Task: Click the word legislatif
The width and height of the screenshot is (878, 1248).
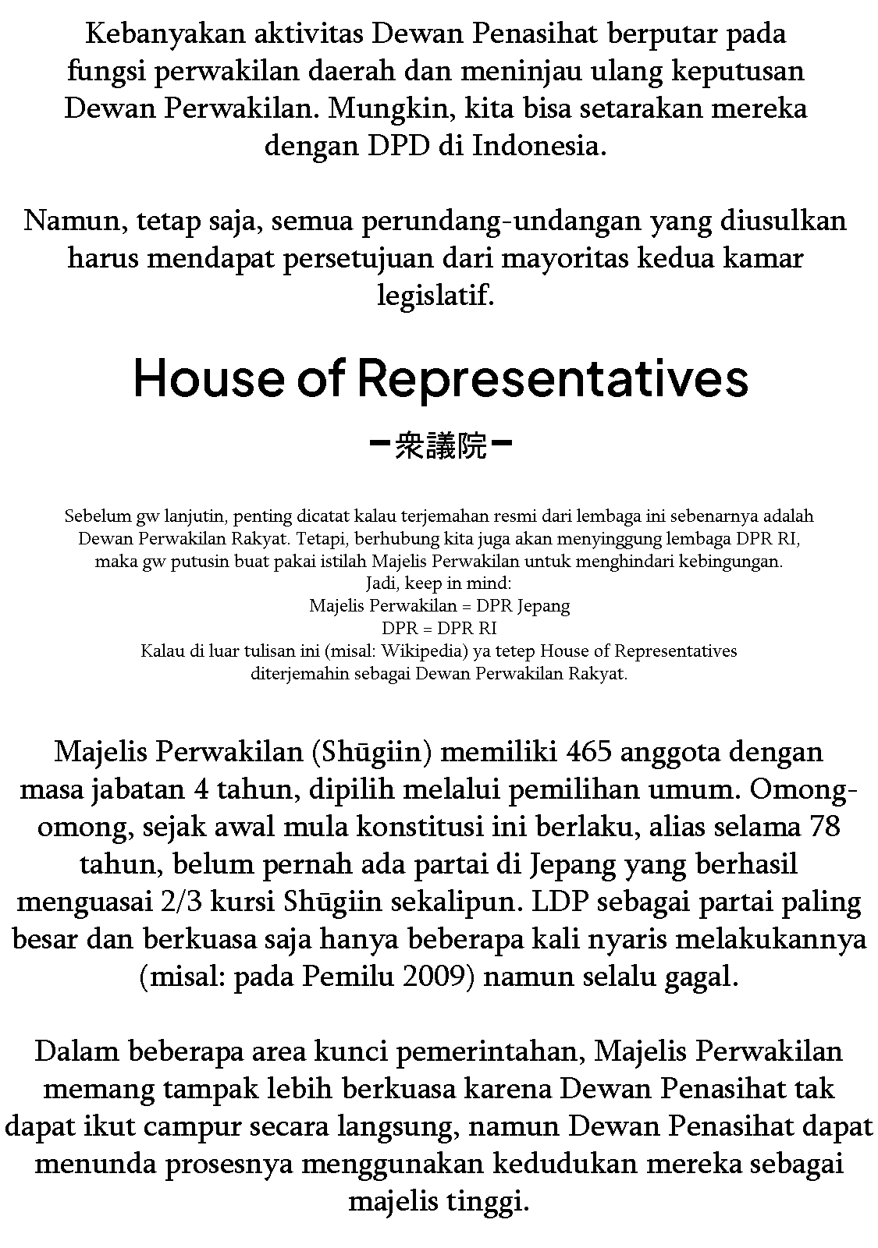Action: pos(435,296)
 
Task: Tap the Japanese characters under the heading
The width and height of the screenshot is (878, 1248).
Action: pos(440,448)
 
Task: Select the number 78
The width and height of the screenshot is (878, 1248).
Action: pos(825,828)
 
